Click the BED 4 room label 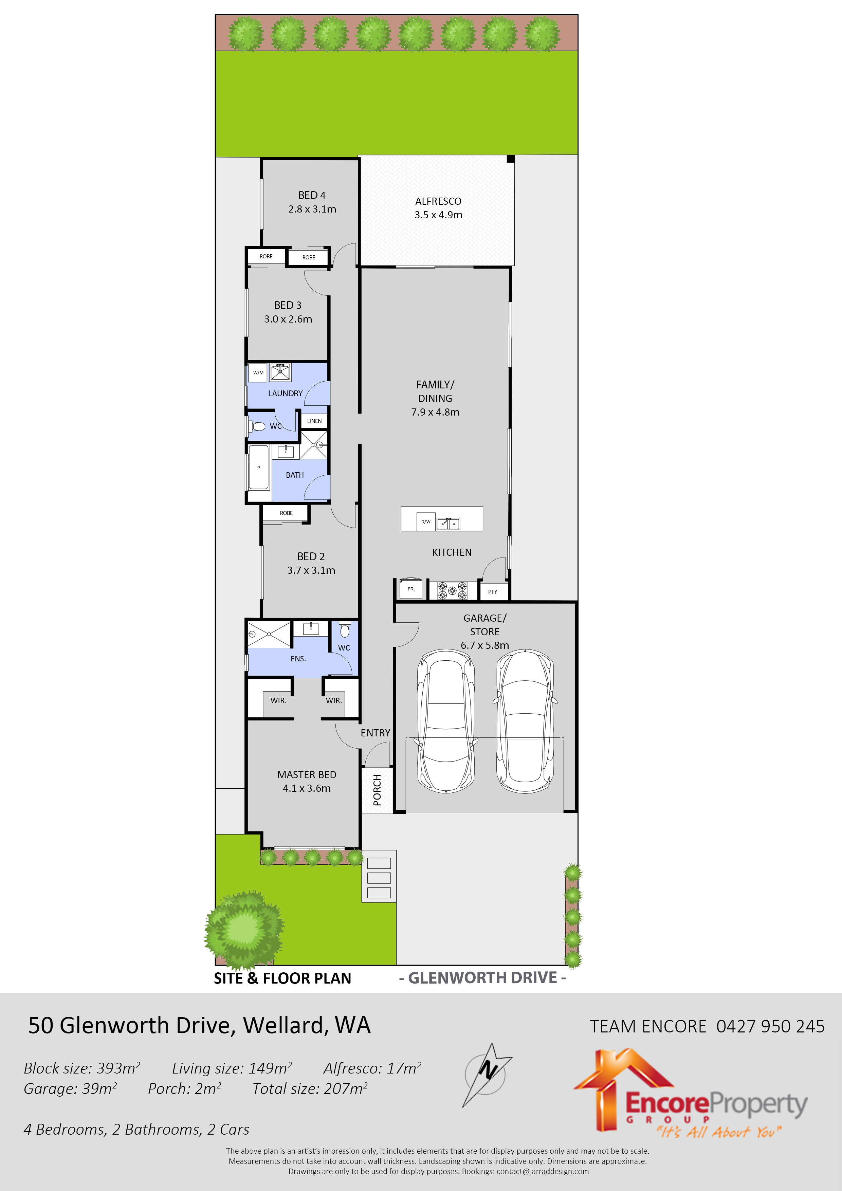[x=312, y=196]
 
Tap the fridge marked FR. [x=411, y=589]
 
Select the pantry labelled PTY [x=493, y=591]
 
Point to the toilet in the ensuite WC [x=345, y=630]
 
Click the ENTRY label [x=376, y=733]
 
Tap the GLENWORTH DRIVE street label [x=482, y=978]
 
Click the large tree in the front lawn [x=244, y=929]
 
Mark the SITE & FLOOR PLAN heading [x=283, y=978]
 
